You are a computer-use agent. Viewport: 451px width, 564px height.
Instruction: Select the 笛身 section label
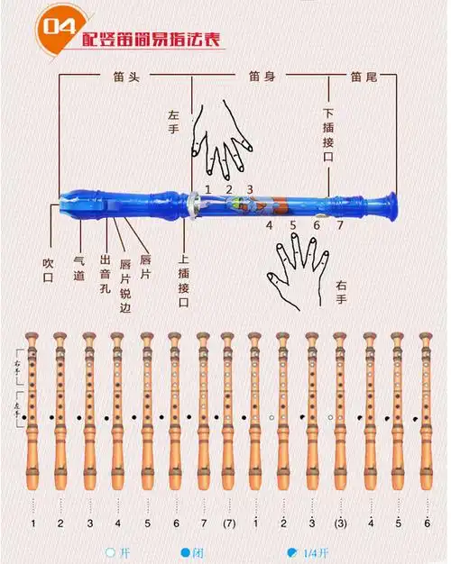tap(262, 78)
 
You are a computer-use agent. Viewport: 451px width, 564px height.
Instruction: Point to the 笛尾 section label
tap(364, 78)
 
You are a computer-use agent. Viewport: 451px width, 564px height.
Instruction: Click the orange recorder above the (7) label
tap(229, 414)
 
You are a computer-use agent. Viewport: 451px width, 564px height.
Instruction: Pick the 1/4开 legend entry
tap(303, 552)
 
